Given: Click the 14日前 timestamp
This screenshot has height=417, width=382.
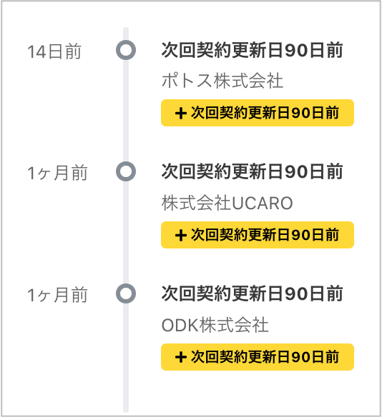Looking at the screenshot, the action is click(54, 51).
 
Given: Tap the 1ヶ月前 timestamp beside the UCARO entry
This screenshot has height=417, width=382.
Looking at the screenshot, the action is click(57, 173).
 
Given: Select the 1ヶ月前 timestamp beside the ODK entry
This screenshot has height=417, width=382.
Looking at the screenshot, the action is click(57, 295).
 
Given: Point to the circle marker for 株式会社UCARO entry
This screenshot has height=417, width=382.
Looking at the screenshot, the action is click(126, 164).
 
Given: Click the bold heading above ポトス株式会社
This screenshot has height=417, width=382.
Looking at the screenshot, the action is click(252, 50).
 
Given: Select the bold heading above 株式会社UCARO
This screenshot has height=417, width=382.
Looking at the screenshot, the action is click(252, 171).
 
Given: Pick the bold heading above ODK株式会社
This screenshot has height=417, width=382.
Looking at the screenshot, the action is click(252, 293).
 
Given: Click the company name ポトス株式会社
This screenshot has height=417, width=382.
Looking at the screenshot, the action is click(222, 81).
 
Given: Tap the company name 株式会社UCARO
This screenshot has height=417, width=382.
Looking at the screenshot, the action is click(227, 203).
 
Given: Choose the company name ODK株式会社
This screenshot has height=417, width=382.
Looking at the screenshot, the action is click(215, 325).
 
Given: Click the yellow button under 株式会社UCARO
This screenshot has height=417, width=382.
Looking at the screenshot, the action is click(258, 235).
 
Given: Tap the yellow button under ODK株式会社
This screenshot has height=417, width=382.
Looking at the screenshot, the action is click(258, 357).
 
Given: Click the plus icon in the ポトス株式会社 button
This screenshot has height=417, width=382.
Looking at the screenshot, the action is click(180, 114).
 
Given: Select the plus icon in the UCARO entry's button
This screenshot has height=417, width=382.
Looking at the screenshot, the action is click(180, 236).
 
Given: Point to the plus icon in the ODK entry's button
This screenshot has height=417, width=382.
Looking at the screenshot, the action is click(180, 357).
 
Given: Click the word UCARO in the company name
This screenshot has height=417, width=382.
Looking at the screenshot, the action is click(263, 204).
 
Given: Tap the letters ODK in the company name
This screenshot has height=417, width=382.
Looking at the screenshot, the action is click(180, 326).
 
